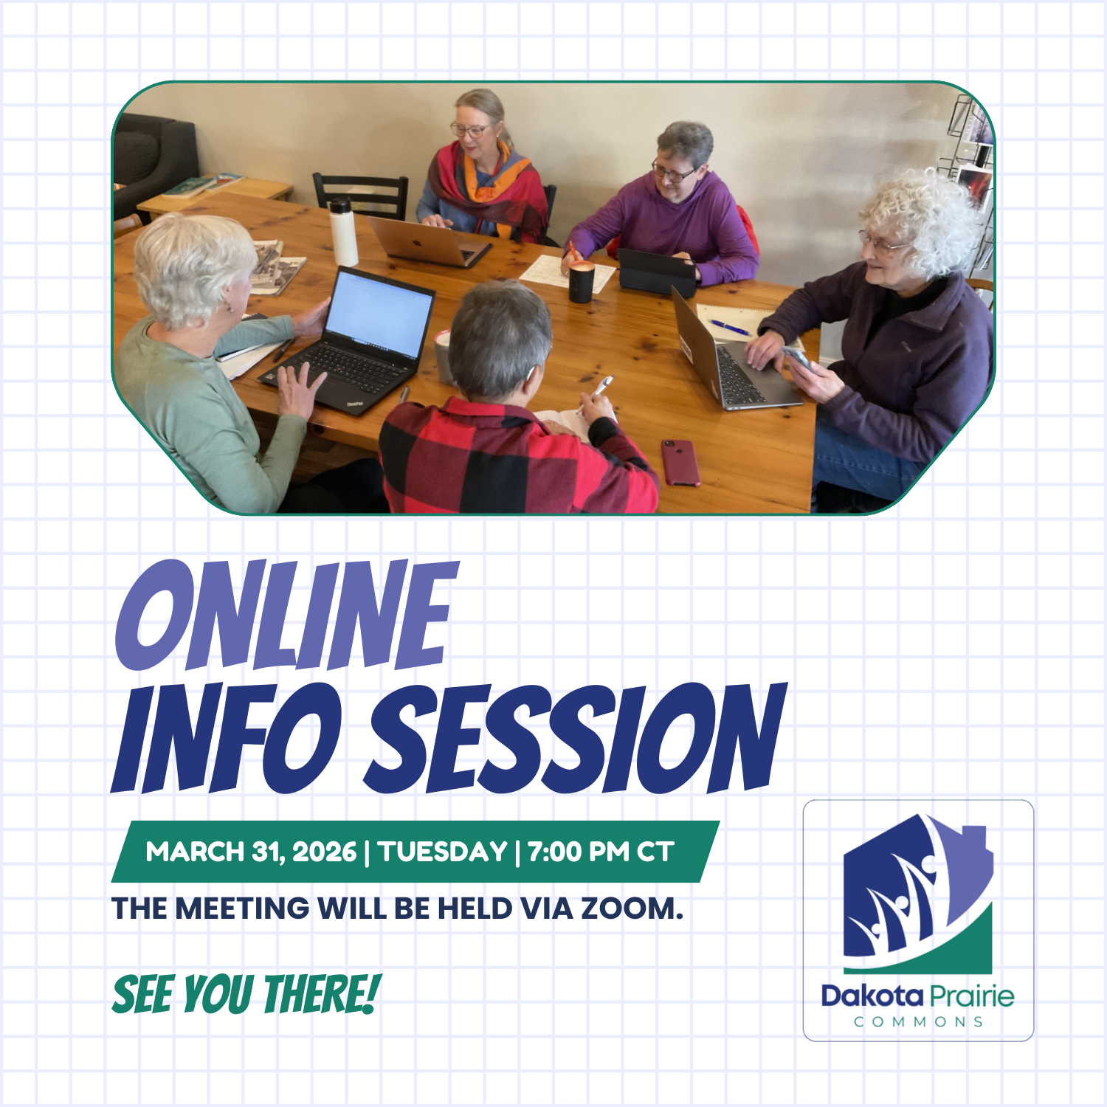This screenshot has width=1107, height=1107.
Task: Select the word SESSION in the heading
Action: pyautogui.click(x=576, y=738)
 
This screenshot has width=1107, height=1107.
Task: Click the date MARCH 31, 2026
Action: pyautogui.click(x=251, y=852)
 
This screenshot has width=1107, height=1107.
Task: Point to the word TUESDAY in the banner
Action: pyautogui.click(x=443, y=852)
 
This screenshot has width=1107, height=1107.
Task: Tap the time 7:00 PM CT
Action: pyautogui.click(x=601, y=852)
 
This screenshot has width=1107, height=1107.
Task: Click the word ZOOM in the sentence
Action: pyautogui.click(x=631, y=908)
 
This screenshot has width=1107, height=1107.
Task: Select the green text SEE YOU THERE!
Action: pyautogui.click(x=246, y=994)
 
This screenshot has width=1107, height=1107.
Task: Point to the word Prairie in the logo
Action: pyautogui.click(x=971, y=996)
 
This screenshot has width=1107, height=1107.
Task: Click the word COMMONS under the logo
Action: pyautogui.click(x=918, y=1022)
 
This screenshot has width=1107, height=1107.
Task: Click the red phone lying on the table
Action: pyautogui.click(x=680, y=463)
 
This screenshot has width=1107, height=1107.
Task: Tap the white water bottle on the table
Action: pyautogui.click(x=343, y=232)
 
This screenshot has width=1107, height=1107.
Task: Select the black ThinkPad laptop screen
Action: pyautogui.click(x=378, y=313)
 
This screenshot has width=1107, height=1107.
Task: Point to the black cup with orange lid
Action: pyautogui.click(x=581, y=281)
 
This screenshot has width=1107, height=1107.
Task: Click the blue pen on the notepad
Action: pyautogui.click(x=728, y=327)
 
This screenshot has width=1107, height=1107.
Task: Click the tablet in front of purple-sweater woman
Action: pyautogui.click(x=655, y=272)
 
